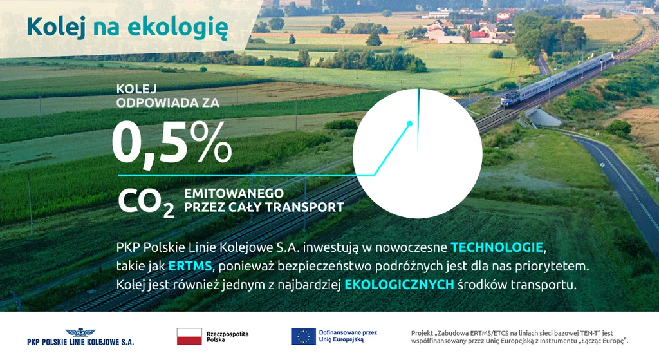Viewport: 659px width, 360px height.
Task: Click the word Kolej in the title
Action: (x=56, y=27)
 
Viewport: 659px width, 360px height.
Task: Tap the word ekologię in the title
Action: (x=178, y=28)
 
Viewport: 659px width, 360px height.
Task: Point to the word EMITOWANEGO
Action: (x=234, y=193)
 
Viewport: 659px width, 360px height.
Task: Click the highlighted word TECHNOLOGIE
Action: (x=497, y=247)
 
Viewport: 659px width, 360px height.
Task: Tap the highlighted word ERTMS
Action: (x=190, y=266)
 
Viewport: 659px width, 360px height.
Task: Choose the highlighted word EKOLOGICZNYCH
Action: (x=399, y=285)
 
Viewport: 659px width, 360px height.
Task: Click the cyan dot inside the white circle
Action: (x=410, y=124)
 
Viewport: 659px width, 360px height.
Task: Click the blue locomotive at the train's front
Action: (x=510, y=100)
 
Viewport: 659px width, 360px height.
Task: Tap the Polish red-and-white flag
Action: (x=189, y=336)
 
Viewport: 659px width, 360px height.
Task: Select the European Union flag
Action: (x=304, y=336)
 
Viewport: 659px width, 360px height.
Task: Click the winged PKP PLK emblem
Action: (x=80, y=333)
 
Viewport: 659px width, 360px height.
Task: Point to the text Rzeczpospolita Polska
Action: (x=227, y=336)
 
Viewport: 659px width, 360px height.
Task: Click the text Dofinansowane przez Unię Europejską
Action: (x=348, y=336)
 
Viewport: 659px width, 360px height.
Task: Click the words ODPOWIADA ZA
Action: (x=168, y=102)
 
